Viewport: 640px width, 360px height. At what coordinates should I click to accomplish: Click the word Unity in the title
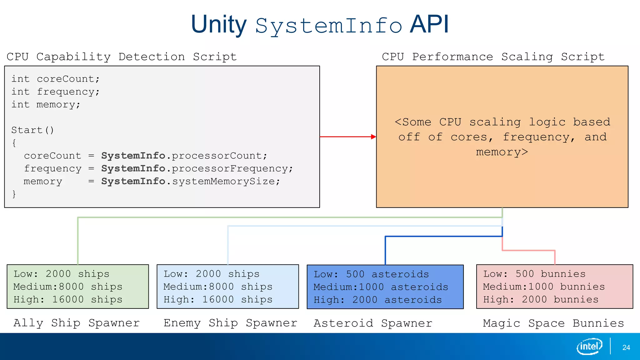click(219, 25)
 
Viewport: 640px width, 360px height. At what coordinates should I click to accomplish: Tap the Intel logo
click(589, 346)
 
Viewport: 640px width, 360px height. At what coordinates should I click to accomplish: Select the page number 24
click(626, 347)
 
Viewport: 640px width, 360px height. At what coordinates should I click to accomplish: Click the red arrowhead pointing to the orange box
click(373, 137)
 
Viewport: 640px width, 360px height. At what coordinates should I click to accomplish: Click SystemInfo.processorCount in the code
click(184, 156)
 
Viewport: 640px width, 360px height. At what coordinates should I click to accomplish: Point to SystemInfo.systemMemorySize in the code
click(190, 181)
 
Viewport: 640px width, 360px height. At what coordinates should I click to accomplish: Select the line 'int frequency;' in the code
click(55, 92)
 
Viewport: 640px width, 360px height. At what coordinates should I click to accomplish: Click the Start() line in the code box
click(32, 130)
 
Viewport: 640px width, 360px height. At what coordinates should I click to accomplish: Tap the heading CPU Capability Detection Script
click(122, 57)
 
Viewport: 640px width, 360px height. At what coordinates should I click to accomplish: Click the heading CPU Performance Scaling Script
click(493, 57)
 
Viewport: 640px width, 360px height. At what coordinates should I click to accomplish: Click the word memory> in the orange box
click(502, 152)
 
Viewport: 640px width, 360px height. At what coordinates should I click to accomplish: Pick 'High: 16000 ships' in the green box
click(68, 299)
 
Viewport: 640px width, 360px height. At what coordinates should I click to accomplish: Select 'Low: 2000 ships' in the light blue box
click(212, 274)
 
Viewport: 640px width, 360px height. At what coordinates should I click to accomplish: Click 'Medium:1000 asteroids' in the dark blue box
click(381, 287)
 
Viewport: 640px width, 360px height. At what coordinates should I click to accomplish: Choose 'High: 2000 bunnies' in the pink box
click(541, 299)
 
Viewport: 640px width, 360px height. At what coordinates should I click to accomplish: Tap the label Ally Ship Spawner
click(77, 323)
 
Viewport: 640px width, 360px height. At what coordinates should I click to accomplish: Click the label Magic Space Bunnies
click(553, 323)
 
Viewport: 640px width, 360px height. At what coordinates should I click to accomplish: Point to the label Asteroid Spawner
click(373, 323)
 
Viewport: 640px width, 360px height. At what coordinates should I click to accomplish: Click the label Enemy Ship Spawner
click(230, 323)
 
